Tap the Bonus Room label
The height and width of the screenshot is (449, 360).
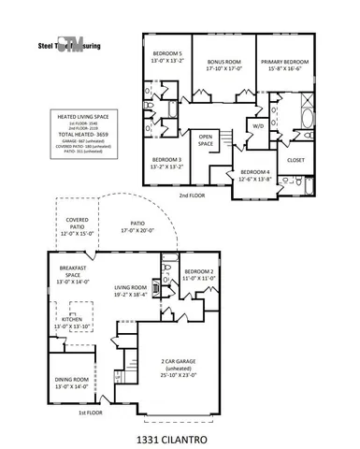[x=224, y=63]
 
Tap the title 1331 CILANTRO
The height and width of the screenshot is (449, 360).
[x=181, y=434]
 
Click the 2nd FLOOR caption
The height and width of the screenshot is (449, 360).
[x=194, y=197]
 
